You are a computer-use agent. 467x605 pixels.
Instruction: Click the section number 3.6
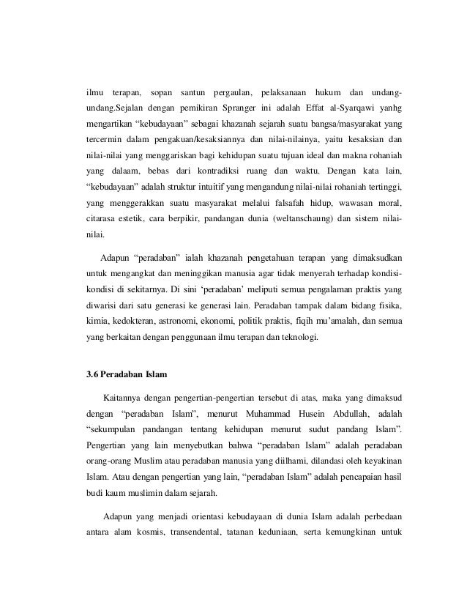[x=94, y=376]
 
